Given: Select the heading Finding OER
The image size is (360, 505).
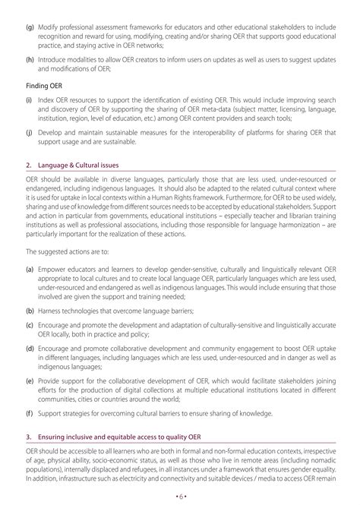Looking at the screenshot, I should coord(46,88).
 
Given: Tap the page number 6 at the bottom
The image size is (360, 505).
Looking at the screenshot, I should coord(180,499).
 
